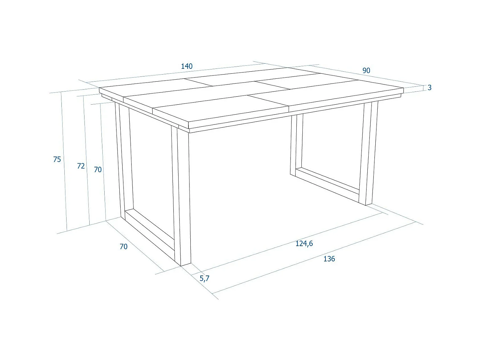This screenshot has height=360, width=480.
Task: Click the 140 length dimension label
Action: coord(187,66)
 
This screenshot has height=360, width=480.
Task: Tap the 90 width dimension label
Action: coord(366,70)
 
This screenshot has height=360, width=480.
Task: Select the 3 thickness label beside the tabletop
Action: coord(429,87)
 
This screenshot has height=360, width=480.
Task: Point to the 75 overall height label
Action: coord(57,159)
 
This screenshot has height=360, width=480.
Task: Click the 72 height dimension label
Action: coord(81,166)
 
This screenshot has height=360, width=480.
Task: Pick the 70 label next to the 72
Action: coord(98,170)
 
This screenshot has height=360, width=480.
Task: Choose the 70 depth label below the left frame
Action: coord(124,246)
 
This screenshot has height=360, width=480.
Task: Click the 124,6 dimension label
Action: coord(304,244)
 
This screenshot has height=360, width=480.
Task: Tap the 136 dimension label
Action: coord(329,259)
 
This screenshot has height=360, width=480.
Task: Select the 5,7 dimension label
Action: coord(204,278)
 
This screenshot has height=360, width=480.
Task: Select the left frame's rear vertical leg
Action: coord(123,160)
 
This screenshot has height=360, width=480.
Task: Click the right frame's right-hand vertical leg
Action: coord(368,154)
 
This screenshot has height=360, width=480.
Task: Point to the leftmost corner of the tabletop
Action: coord(100,88)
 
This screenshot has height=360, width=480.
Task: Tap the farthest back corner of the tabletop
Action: coord(287,68)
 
